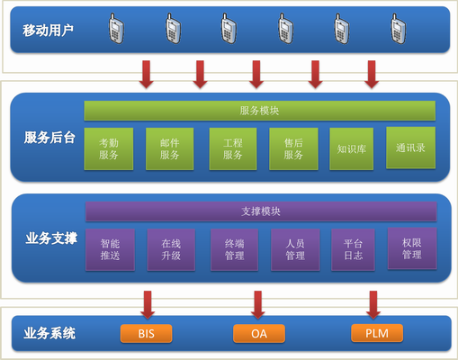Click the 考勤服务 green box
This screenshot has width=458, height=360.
coord(109,148)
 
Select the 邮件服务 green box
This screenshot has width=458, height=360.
coord(170,148)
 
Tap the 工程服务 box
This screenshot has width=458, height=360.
coord(233,148)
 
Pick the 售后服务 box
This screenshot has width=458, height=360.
coord(293,148)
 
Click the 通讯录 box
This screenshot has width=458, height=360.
coord(410,148)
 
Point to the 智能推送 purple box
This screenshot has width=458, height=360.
coord(111,249)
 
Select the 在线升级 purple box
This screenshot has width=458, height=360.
coord(171,249)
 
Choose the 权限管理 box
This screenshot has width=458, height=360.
coord(411,248)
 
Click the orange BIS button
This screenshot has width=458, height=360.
coord(146,334)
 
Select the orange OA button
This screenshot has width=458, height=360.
coord(258,334)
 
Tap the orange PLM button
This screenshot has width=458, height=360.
coord(376,334)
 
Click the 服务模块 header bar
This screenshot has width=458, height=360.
coord(260,111)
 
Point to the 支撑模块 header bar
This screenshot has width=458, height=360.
coord(261,211)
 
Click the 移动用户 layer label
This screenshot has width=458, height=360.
coord(49,31)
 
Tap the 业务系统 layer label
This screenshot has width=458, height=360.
coord(49,334)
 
